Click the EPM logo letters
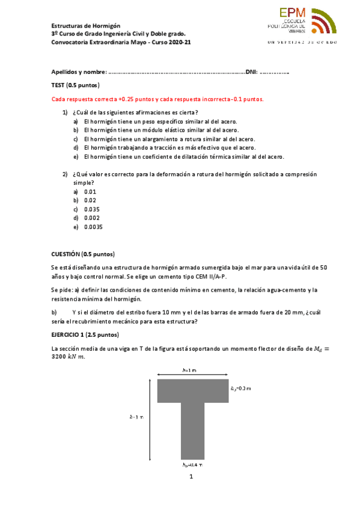click(293, 13)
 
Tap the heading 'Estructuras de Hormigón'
click(86, 26)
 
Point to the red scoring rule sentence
click(157, 99)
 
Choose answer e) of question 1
click(184, 156)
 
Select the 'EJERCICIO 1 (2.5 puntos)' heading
click(85, 334)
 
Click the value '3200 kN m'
click(69, 357)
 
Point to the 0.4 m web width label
click(192, 465)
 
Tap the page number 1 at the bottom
click(191, 478)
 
